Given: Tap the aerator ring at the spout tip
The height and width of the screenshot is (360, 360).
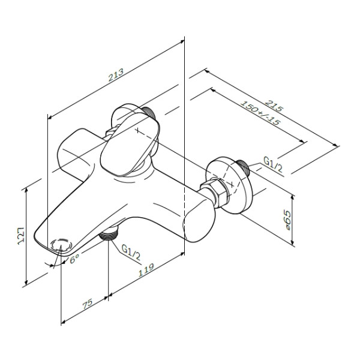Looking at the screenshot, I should tap(62, 245).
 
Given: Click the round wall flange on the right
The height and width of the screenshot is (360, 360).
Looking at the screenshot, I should tap(231, 183).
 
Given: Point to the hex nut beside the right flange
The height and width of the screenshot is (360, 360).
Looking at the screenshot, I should tap(214, 191).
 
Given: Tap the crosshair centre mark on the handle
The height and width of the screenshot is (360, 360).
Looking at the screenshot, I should tap(139, 131).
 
